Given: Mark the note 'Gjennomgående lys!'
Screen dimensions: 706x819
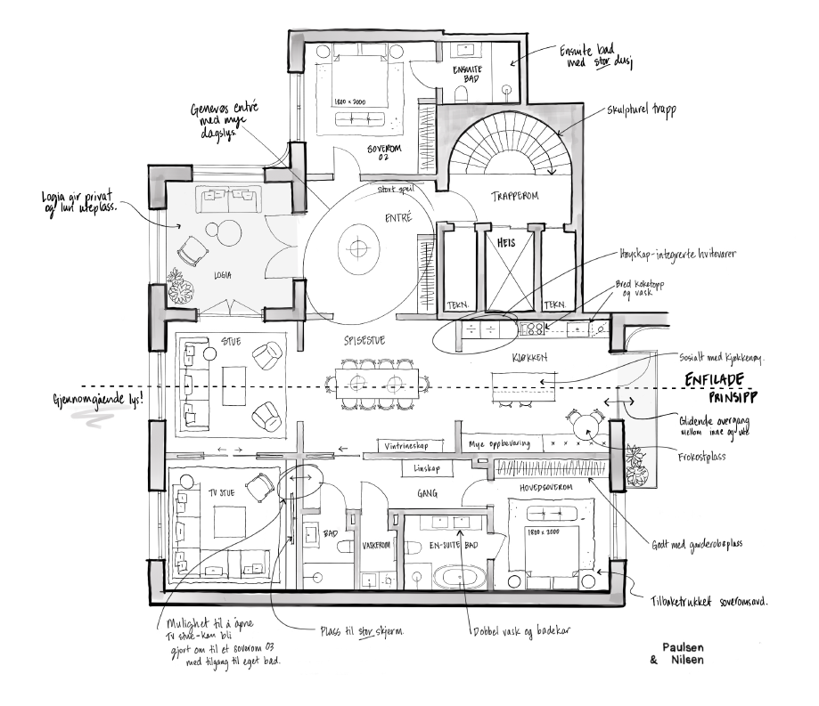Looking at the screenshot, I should pos(97,397).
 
